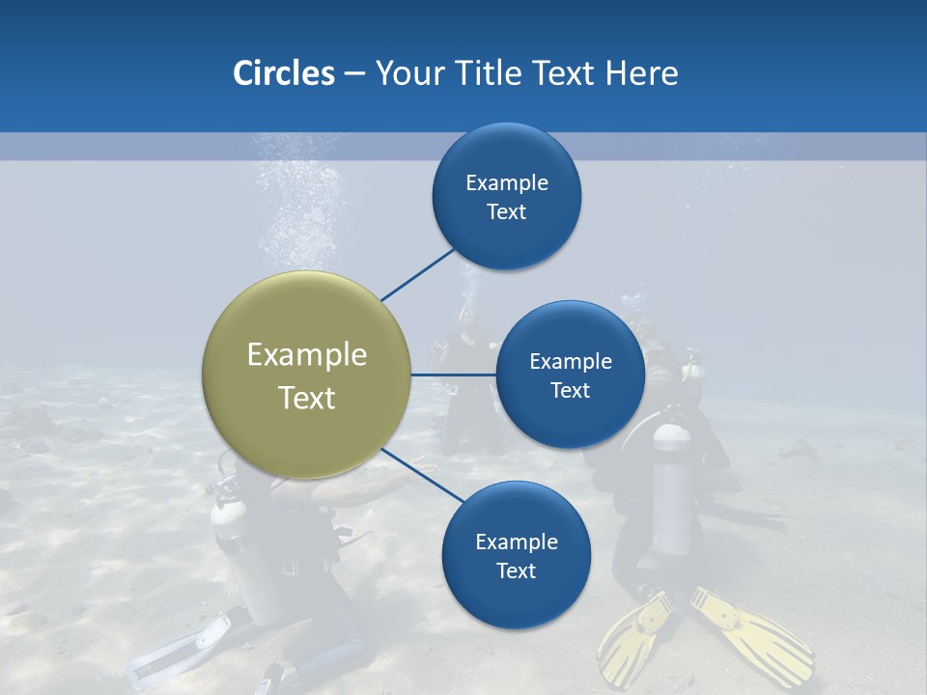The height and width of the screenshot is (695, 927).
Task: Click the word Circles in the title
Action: coord(283,73)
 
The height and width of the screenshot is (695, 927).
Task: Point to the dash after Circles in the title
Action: coord(354,74)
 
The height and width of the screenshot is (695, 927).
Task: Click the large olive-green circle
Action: coord(306,375)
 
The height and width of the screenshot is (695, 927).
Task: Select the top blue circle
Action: coord(506,197)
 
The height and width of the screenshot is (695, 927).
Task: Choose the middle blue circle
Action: coord(570,375)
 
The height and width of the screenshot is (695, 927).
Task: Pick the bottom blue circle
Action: coord(516,556)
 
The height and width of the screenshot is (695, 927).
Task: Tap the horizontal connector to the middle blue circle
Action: coord(453,375)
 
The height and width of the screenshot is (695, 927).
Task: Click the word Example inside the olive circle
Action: coord(306,354)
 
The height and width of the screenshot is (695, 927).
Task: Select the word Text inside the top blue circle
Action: coord(506,212)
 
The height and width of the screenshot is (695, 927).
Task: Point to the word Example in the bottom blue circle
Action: coord(516,542)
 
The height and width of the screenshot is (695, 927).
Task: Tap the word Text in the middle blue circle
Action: coord(570,391)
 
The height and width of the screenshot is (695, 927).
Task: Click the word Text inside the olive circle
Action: coord(306,398)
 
